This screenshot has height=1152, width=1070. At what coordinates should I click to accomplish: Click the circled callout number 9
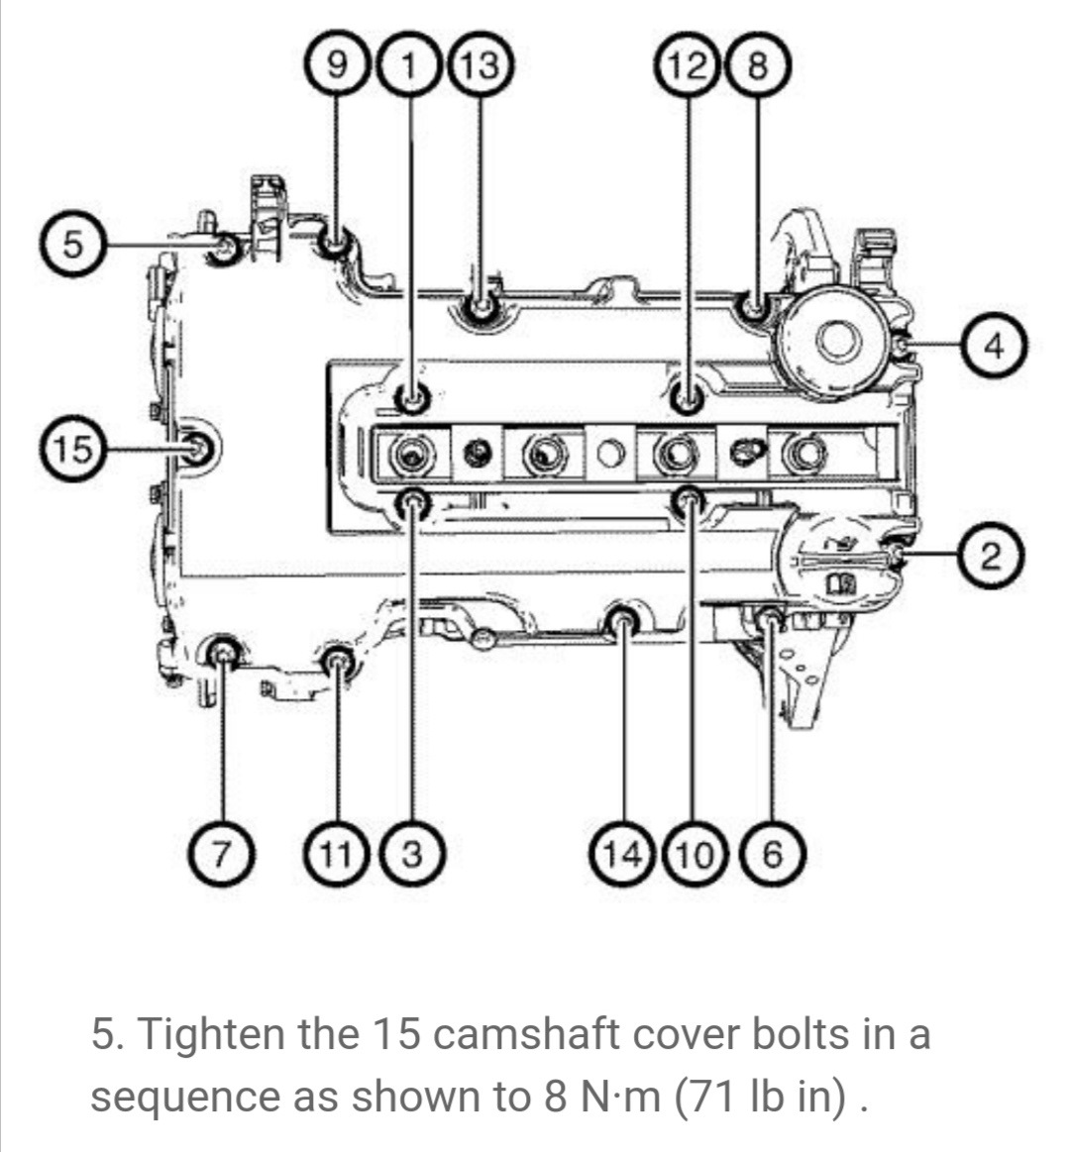pos(336,65)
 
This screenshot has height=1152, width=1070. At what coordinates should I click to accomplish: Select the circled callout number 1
pos(409,65)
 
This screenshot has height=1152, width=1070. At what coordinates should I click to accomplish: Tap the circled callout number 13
pos(480,65)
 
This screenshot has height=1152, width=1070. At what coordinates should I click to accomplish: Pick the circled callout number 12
pos(690,65)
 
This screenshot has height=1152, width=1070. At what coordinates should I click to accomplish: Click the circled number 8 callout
pos(758,65)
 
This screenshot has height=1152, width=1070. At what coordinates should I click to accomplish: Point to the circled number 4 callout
pos(994,346)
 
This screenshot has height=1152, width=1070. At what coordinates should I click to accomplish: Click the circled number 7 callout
pos(221,853)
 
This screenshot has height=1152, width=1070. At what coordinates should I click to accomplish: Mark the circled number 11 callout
pos(337,853)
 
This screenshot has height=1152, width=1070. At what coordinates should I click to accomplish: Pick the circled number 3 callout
pos(413,853)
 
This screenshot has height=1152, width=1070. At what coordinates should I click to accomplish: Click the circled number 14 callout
pos(622,853)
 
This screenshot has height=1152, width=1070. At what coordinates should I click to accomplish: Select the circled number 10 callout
pos(694,853)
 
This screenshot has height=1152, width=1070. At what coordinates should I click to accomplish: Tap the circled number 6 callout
pos(772,853)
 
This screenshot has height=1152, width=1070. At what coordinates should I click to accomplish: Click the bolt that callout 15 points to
pos(197,448)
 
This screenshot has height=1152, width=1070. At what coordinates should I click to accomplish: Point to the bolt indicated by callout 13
pos(481,306)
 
